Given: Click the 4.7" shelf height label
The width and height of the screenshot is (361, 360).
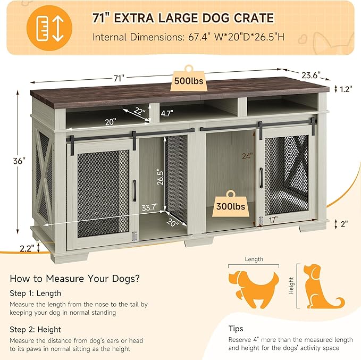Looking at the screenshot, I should [167, 113].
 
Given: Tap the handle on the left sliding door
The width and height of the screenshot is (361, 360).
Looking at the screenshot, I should [136, 190].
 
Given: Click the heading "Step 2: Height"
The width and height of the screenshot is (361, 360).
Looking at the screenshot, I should [35, 329].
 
